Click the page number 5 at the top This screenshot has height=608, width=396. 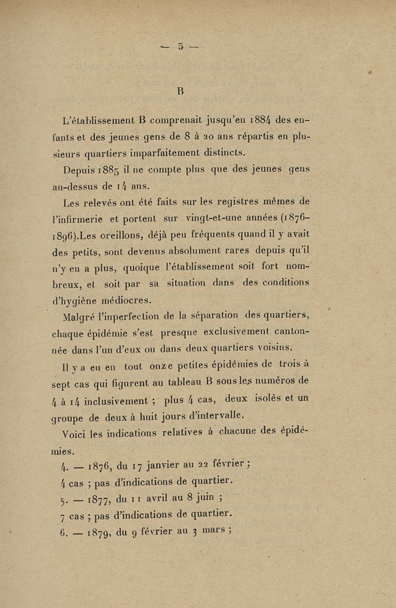pyautogui.click(x=182, y=47)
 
